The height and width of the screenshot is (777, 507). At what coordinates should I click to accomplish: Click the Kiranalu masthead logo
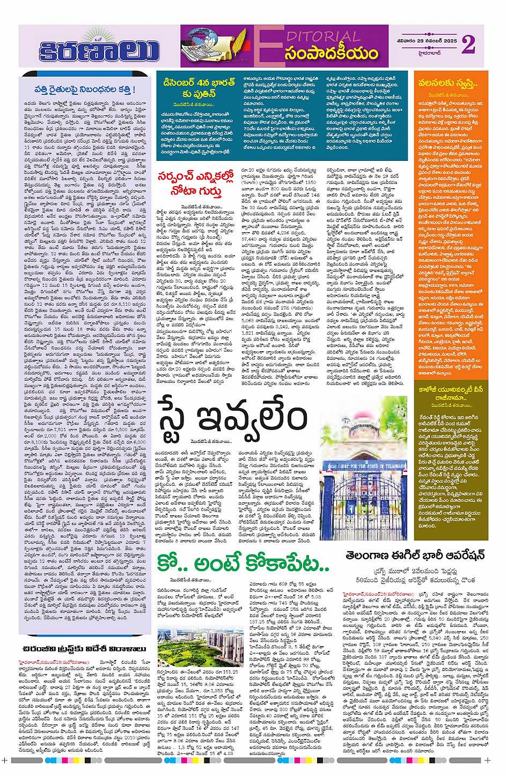99,50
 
